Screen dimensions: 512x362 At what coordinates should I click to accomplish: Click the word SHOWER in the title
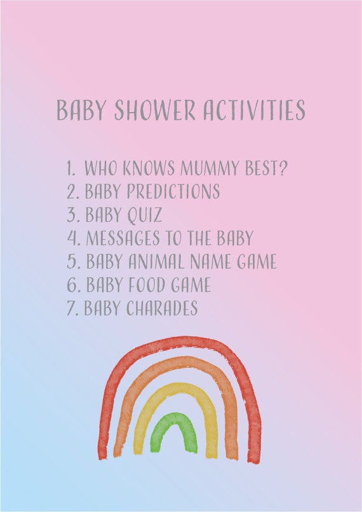154,110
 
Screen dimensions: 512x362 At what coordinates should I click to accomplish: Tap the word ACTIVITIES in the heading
254,110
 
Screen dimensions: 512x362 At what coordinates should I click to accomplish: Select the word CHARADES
162,308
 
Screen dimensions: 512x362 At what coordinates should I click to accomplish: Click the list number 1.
70,168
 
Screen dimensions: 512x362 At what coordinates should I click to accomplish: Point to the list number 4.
72,238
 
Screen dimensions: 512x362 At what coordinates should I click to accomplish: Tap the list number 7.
72,308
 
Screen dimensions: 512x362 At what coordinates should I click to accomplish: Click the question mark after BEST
284,168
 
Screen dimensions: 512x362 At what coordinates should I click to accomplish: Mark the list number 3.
72,215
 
